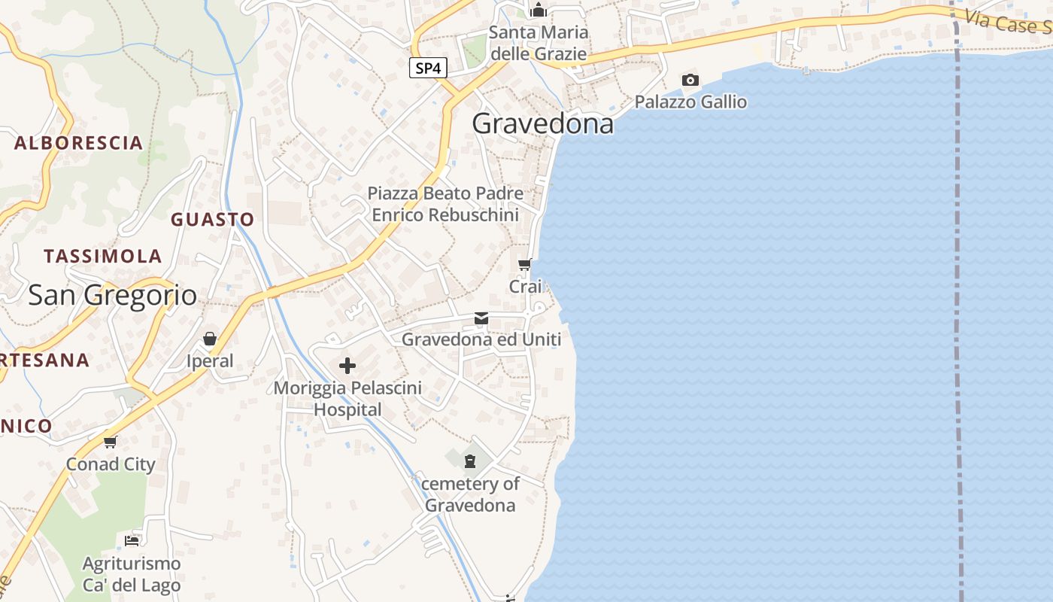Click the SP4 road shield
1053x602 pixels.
428,68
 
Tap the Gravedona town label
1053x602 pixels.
542,124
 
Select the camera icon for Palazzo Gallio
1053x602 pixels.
690,80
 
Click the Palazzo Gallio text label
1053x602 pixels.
690,102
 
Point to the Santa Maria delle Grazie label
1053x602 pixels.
538,43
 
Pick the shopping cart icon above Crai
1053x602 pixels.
525,264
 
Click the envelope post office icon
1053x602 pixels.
481,318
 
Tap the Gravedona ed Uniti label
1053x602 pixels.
481,339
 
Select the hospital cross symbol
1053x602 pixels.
347,366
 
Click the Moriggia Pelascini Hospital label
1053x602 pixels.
347,399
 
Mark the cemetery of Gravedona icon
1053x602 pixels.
470,461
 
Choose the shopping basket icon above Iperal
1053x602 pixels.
210,339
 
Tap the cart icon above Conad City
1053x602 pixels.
111,442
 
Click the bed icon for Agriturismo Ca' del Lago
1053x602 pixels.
132,540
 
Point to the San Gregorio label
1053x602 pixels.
113,295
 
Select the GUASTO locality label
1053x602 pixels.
212,220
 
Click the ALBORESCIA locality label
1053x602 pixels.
78,143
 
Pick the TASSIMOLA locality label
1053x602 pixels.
103,257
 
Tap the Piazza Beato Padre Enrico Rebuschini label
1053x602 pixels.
445,204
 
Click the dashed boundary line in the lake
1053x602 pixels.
958,301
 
